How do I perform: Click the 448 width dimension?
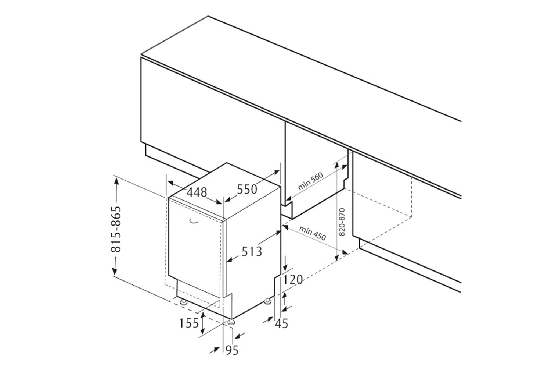coord(197,192)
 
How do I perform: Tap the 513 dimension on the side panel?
coord(252,252)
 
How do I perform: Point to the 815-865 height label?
coord(116,229)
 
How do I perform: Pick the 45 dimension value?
coord(281,323)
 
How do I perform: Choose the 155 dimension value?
coord(189,323)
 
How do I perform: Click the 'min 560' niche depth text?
coord(310,181)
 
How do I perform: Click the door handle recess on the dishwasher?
coord(193,221)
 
